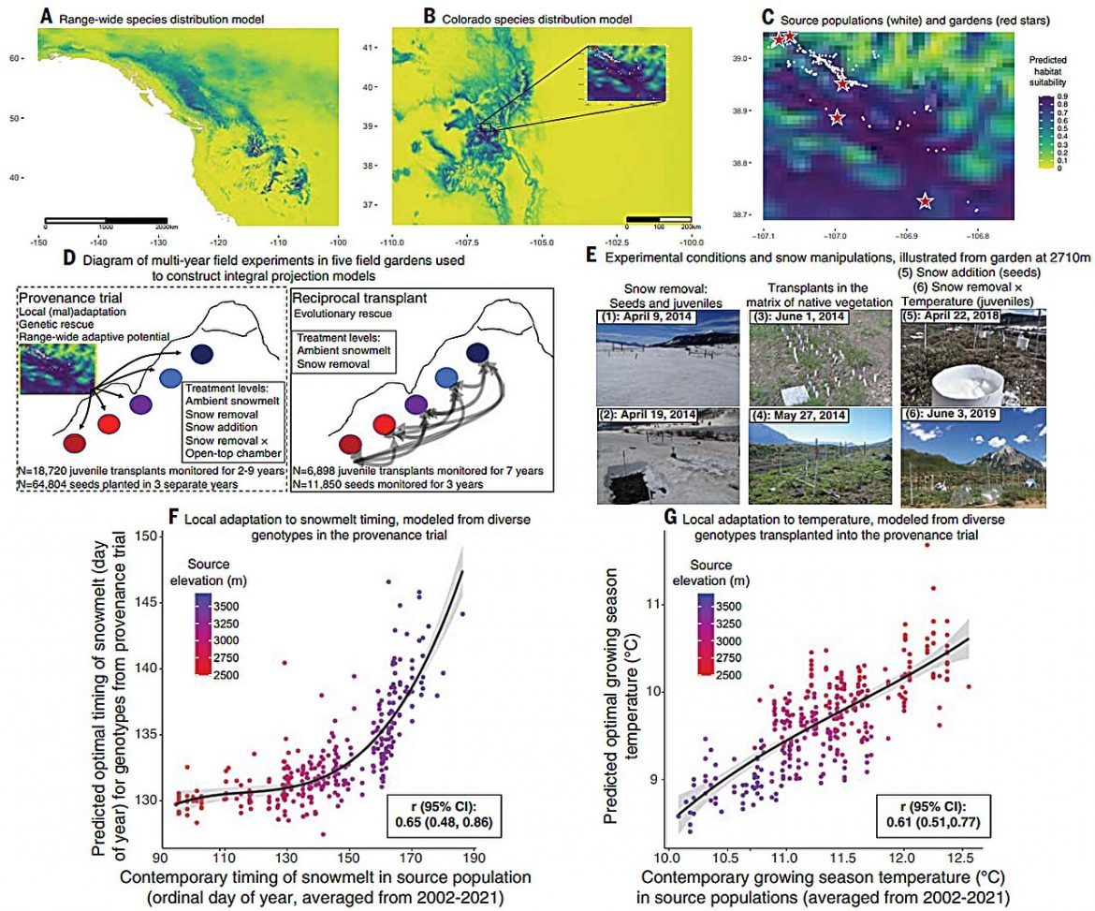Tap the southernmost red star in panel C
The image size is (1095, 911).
pyautogui.click(x=925, y=201)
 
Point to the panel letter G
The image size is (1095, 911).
pyautogui.click(x=671, y=518)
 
